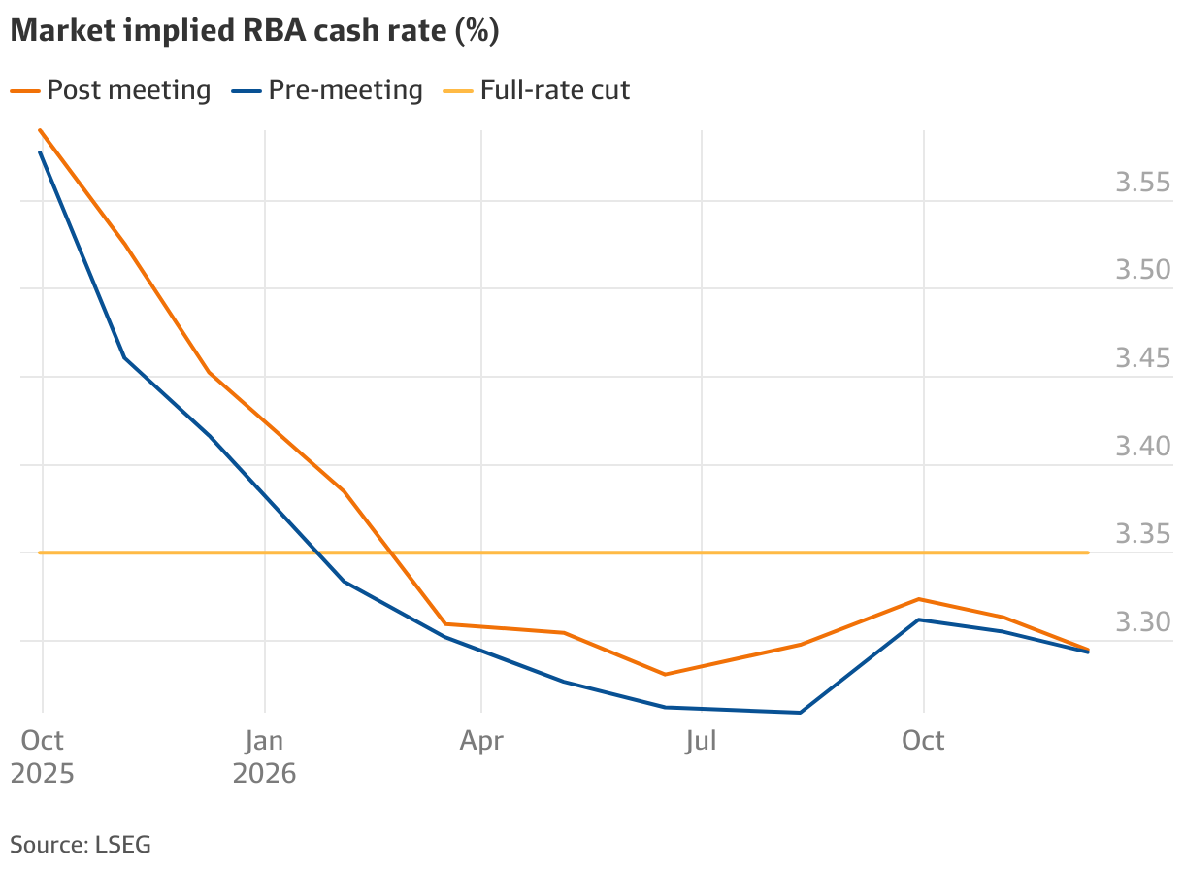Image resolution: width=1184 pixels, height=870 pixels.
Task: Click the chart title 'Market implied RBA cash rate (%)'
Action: pyautogui.click(x=254, y=31)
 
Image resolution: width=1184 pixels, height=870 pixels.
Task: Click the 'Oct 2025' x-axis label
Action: pyautogui.click(x=42, y=756)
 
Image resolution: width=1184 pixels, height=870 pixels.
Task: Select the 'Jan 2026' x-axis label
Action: pyautogui.click(x=263, y=756)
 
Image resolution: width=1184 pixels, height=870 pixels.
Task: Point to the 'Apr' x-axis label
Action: pyautogui.click(x=481, y=741)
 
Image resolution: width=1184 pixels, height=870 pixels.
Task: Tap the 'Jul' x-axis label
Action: pyautogui.click(x=701, y=741)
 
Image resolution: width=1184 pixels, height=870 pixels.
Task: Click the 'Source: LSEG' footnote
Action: pyautogui.click(x=81, y=843)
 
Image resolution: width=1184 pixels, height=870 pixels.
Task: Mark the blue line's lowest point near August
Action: pyautogui.click(x=800, y=713)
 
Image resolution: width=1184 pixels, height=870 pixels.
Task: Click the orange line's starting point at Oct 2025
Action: pyautogui.click(x=40, y=129)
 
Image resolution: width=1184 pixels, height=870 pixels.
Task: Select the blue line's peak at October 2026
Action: pyautogui.click(x=920, y=619)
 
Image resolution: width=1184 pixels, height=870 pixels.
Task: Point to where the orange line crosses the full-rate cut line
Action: pyautogui.click(x=393, y=552)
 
